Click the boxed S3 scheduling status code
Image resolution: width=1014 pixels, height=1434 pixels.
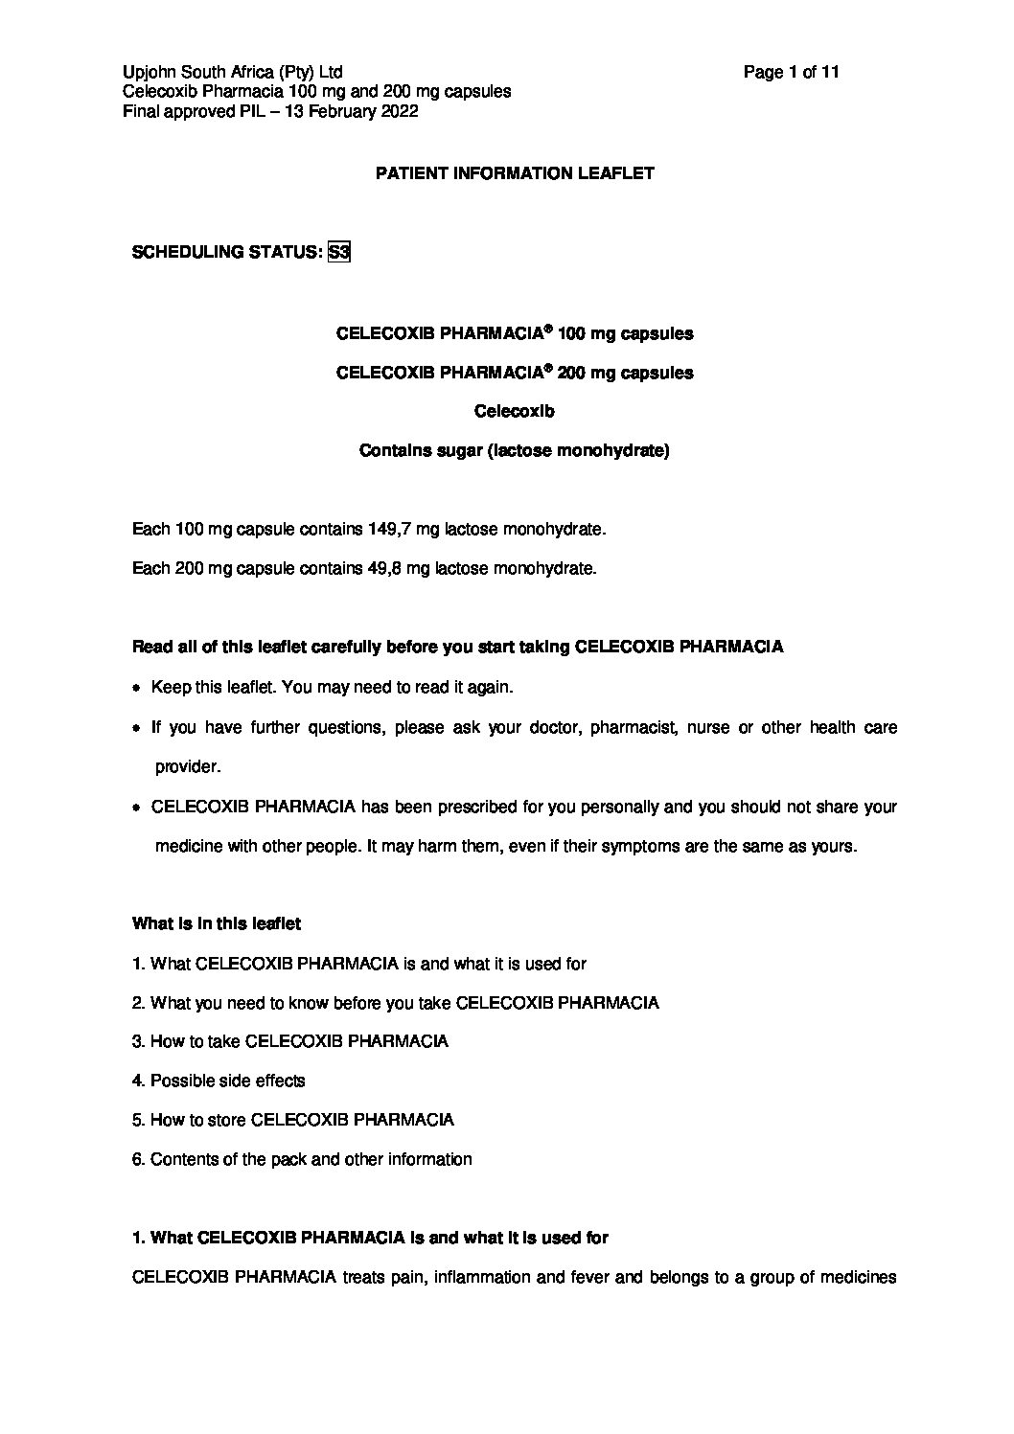pos(338,253)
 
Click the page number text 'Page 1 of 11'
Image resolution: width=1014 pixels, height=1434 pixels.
pos(791,72)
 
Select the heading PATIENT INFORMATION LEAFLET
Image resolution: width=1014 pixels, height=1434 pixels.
pos(515,173)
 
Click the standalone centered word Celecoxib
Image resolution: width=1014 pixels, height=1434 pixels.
pos(515,411)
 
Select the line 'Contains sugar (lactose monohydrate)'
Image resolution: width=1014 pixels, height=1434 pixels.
pos(514,450)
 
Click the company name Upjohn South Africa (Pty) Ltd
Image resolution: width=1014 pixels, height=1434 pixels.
pos(233,72)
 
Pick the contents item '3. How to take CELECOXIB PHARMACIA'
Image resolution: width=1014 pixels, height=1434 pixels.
pos(289,1041)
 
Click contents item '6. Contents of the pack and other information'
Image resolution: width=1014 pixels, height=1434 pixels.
pos(302,1159)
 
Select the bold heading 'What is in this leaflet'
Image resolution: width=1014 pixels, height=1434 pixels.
pos(217,923)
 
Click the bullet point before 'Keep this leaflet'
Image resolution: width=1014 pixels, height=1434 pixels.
pos(138,689)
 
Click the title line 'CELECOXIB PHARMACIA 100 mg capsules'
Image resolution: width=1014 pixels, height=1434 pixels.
pos(515,333)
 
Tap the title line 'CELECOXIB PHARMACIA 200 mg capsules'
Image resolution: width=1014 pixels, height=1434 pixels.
pos(515,373)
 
